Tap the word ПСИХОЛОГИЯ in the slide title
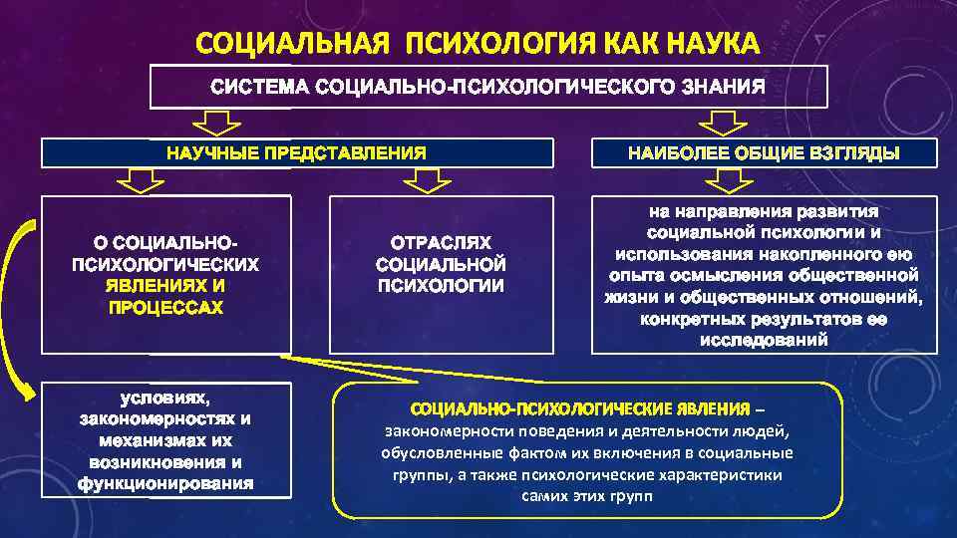[497, 44]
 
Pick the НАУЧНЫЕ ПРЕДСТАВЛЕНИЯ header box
[296, 153]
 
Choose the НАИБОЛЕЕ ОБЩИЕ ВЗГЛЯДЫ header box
[764, 153]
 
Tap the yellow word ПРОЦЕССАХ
[165, 307]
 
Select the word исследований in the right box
[764, 340]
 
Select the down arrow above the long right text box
[726, 180]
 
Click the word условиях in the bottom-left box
[165, 399]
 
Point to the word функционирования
[165, 484]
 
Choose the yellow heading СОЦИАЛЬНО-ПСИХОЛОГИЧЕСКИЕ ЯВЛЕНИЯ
[579, 409]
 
